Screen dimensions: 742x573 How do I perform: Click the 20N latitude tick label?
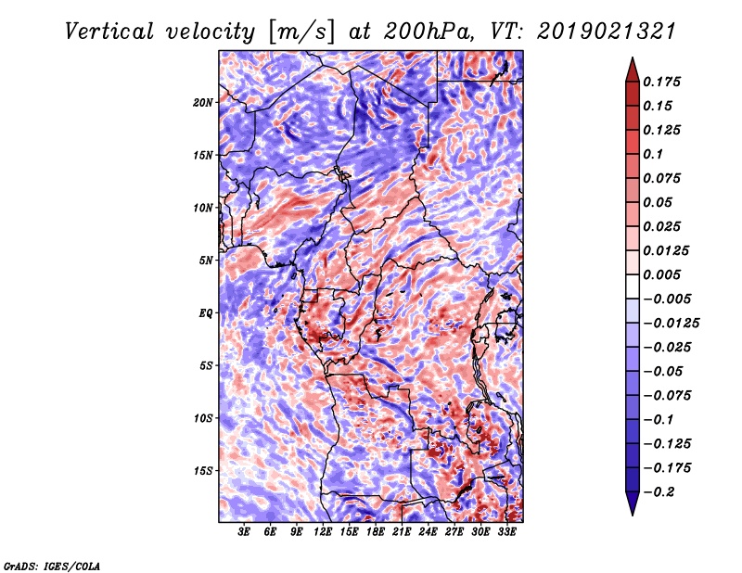(x=203, y=103)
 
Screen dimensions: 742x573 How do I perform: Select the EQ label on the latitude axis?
(x=206, y=313)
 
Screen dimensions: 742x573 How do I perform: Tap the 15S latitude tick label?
(x=203, y=471)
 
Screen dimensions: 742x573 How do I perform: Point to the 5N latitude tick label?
(x=206, y=261)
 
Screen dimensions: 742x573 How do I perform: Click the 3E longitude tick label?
(x=244, y=532)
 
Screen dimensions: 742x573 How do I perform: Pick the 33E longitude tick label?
(x=506, y=532)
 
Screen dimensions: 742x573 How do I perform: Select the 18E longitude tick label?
(x=376, y=532)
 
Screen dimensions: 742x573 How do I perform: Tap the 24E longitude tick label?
(x=428, y=532)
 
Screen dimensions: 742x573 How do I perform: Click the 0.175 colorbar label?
(x=661, y=82)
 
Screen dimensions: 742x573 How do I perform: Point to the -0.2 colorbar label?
(x=659, y=492)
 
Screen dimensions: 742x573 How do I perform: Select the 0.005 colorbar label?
(x=661, y=274)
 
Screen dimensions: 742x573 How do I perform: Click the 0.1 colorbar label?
(x=653, y=154)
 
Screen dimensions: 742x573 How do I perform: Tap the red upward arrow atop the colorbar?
(x=633, y=70)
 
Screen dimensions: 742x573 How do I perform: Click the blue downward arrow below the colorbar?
(x=633, y=503)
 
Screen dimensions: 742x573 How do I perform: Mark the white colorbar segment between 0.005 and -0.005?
(x=633, y=286)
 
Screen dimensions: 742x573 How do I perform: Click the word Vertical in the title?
(x=109, y=32)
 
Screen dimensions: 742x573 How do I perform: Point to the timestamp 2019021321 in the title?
(x=607, y=32)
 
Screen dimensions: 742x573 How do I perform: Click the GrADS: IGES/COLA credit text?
(x=52, y=566)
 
